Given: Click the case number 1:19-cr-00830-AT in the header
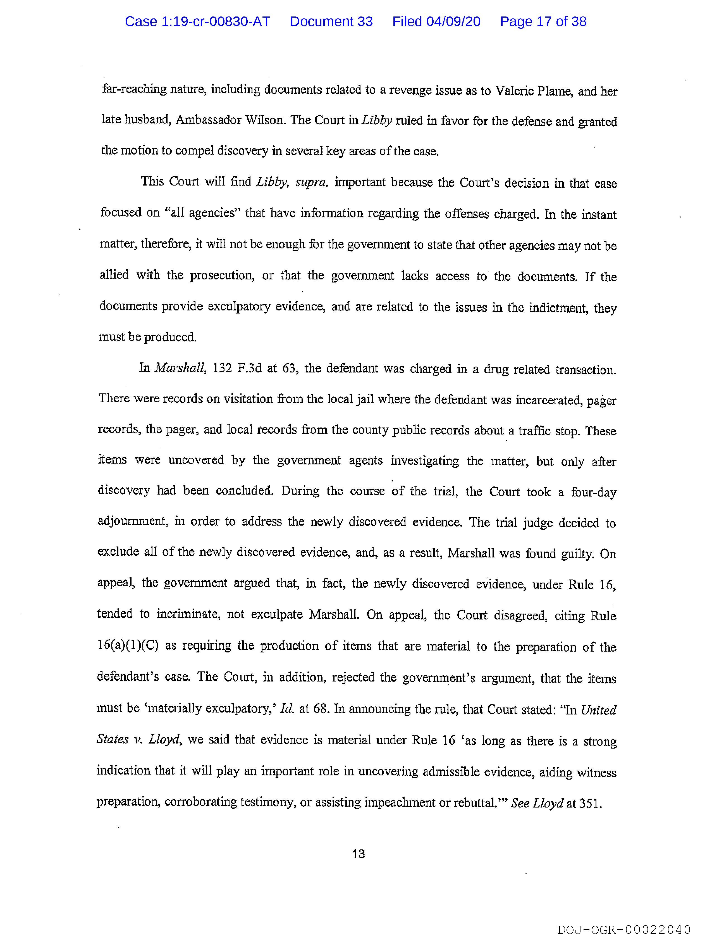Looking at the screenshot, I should point(197,21).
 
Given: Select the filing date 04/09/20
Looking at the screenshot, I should point(453,21).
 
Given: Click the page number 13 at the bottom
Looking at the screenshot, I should point(358,854).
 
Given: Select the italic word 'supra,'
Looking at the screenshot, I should point(311,183).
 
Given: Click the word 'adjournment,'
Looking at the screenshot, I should point(132,521).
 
